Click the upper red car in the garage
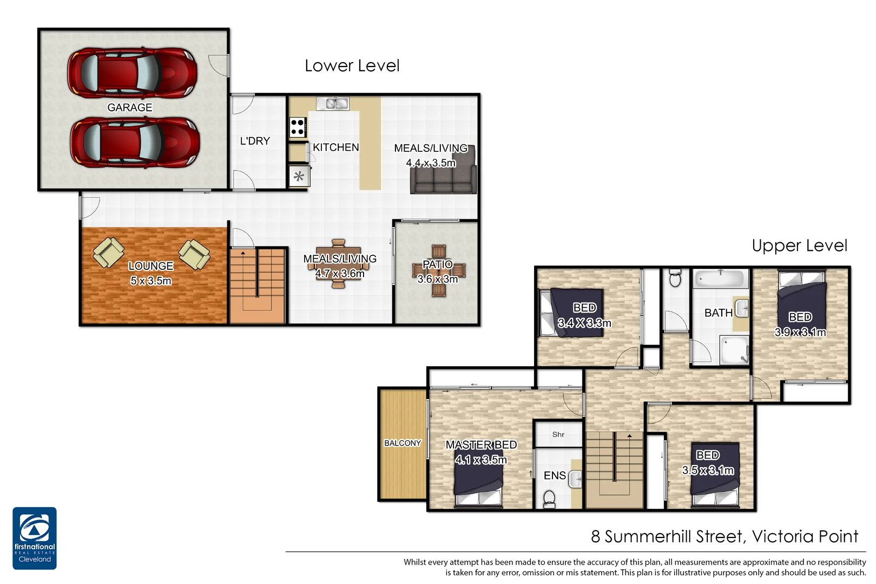131,73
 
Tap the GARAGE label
130,108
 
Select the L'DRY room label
255,141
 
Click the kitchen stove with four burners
298,128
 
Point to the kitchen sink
333,103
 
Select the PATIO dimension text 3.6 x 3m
437,279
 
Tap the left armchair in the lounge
109,253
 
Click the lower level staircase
258,285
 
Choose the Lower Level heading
352,66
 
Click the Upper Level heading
799,246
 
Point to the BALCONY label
403,443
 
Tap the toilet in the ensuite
549,499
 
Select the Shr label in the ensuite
558,434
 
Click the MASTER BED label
481,444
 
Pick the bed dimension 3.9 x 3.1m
800,332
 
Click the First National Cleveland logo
35,538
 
